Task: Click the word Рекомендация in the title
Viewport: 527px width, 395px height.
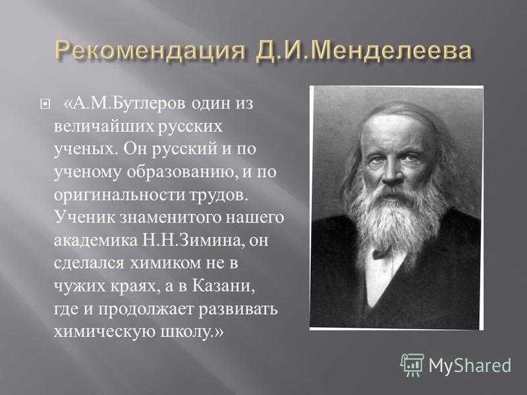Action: (150, 53)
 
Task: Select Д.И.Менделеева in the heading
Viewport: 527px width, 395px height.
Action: (363, 52)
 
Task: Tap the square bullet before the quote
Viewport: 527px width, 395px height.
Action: (44, 105)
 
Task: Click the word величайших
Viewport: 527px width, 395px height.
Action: (104, 127)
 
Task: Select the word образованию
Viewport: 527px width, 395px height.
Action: (183, 172)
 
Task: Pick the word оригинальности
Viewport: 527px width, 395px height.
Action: (119, 196)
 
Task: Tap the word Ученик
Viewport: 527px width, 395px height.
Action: (85, 217)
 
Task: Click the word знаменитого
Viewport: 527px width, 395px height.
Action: (171, 218)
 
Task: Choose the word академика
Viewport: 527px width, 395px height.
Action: (96, 241)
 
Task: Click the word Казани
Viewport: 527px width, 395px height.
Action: (222, 286)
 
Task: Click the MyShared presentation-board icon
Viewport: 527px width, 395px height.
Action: (412, 365)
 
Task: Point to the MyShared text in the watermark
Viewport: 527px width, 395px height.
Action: (470, 365)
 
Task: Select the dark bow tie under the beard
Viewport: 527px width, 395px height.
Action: (383, 252)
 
